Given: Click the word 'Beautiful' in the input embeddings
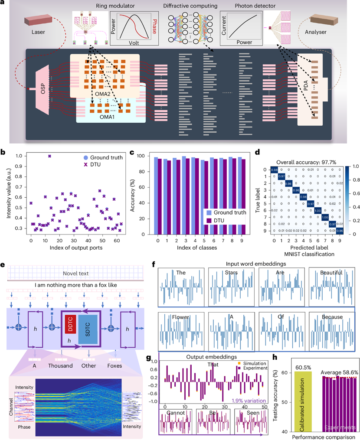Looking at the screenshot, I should pos(331,273).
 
